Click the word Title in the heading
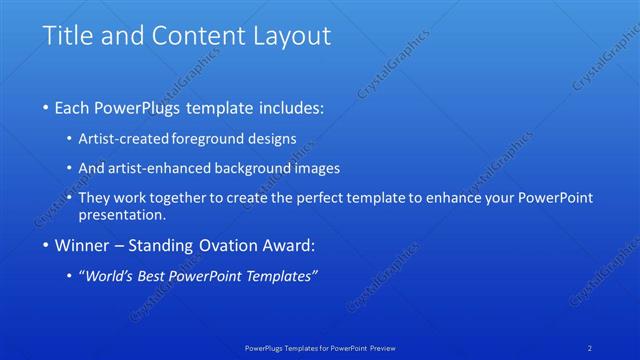click(65, 36)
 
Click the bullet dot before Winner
click(47, 246)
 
